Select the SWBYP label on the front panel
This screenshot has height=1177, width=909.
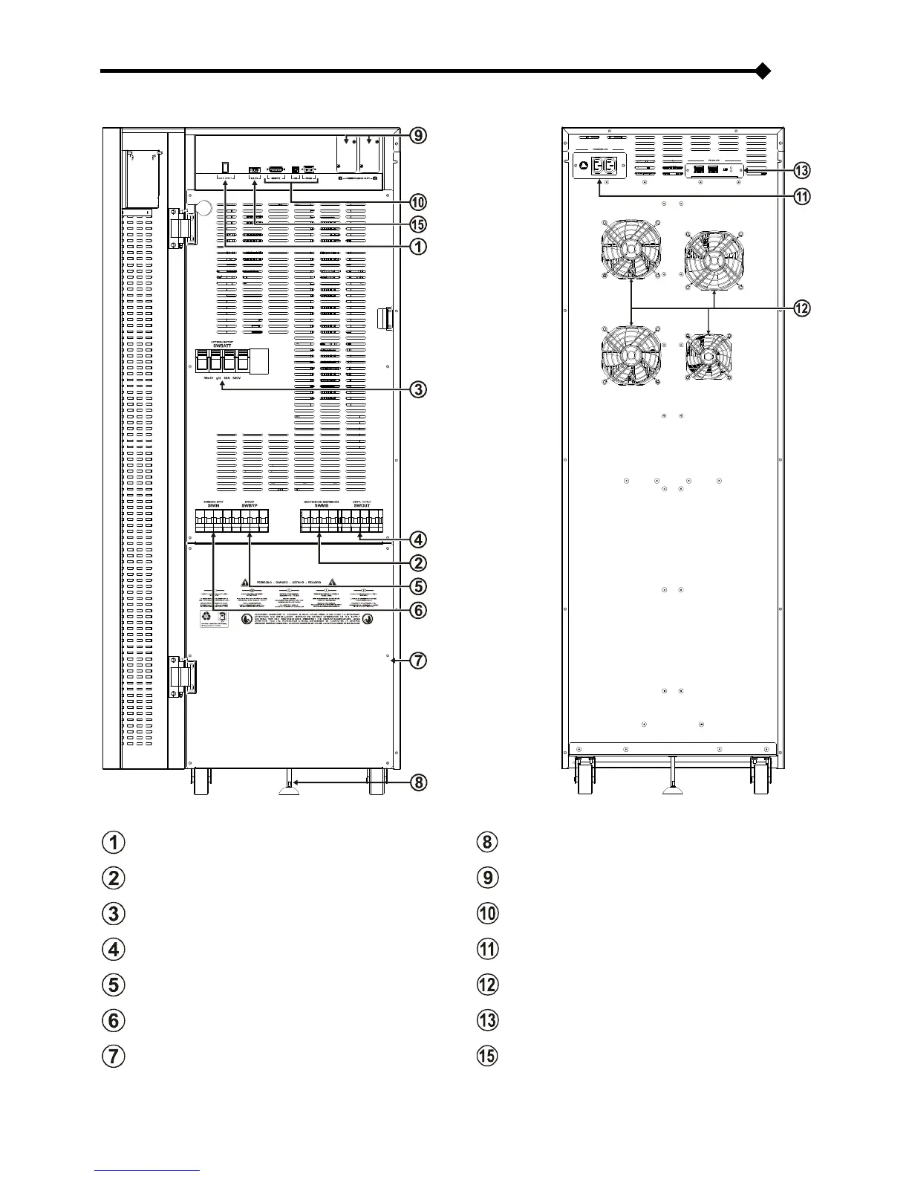[x=250, y=505]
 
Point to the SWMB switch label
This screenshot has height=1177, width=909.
[x=321, y=505]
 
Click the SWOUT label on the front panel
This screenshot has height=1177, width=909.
[x=362, y=505]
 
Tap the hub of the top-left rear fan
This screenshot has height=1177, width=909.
[x=630, y=250]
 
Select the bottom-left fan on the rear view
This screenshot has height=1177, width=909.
[x=630, y=356]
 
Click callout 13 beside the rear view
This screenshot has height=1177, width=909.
[x=801, y=171]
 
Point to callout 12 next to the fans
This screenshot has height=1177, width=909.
[x=801, y=308]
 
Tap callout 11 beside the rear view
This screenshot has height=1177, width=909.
[x=801, y=197]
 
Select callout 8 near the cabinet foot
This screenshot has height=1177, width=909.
[x=419, y=782]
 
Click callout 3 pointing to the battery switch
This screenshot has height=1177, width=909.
[x=419, y=389]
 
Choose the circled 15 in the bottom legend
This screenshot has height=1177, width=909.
[x=487, y=1056]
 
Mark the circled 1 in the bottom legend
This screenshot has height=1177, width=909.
[x=114, y=843]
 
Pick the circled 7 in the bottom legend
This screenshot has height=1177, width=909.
[x=114, y=1056]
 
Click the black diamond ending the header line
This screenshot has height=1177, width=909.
[x=762, y=71]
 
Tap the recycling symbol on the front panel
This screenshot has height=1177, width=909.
[x=207, y=617]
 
